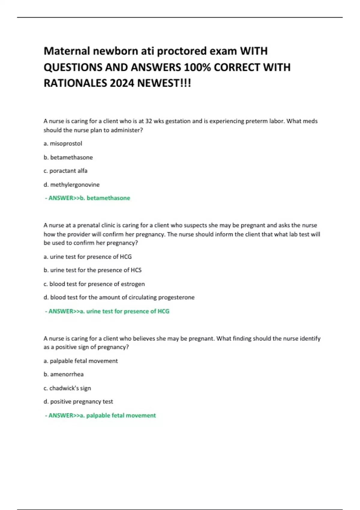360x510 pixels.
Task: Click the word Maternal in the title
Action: pos(67,51)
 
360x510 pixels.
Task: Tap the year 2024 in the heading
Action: pos(122,83)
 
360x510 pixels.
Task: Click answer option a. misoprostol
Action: pos(63,143)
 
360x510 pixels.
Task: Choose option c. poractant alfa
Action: pos(65,171)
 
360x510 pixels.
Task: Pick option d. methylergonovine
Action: pos(71,184)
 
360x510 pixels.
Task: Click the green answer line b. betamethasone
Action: pos(88,198)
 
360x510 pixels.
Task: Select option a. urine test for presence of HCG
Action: pos(88,256)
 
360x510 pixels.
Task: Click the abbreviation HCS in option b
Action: pos(136,270)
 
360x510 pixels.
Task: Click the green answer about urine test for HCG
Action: pos(107,311)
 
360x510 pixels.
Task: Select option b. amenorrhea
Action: pos(64,374)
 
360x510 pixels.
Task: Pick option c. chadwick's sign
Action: pos(67,388)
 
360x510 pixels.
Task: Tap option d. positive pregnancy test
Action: pos(78,401)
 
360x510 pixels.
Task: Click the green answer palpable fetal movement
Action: pos(100,415)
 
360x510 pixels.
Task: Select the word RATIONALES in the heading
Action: pos(75,83)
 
